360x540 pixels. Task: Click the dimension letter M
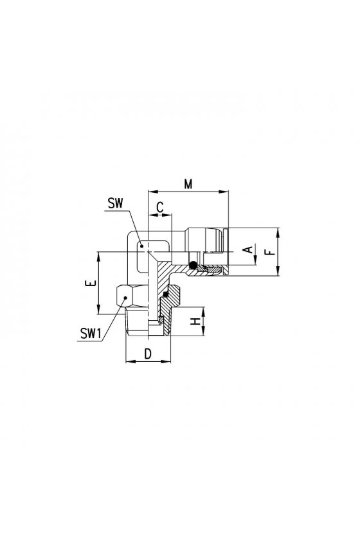188,184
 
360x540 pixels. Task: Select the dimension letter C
160,207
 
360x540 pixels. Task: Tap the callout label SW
115,203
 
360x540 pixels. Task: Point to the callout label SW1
91,334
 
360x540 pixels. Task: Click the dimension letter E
91,283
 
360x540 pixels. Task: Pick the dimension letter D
148,354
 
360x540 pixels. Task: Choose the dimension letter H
195,321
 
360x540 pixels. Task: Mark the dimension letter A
248,249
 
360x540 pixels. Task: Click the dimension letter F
271,252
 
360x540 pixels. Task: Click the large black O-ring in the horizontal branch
194,265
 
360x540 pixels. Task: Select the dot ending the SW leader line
141,246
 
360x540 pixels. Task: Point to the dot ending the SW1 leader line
125,298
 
